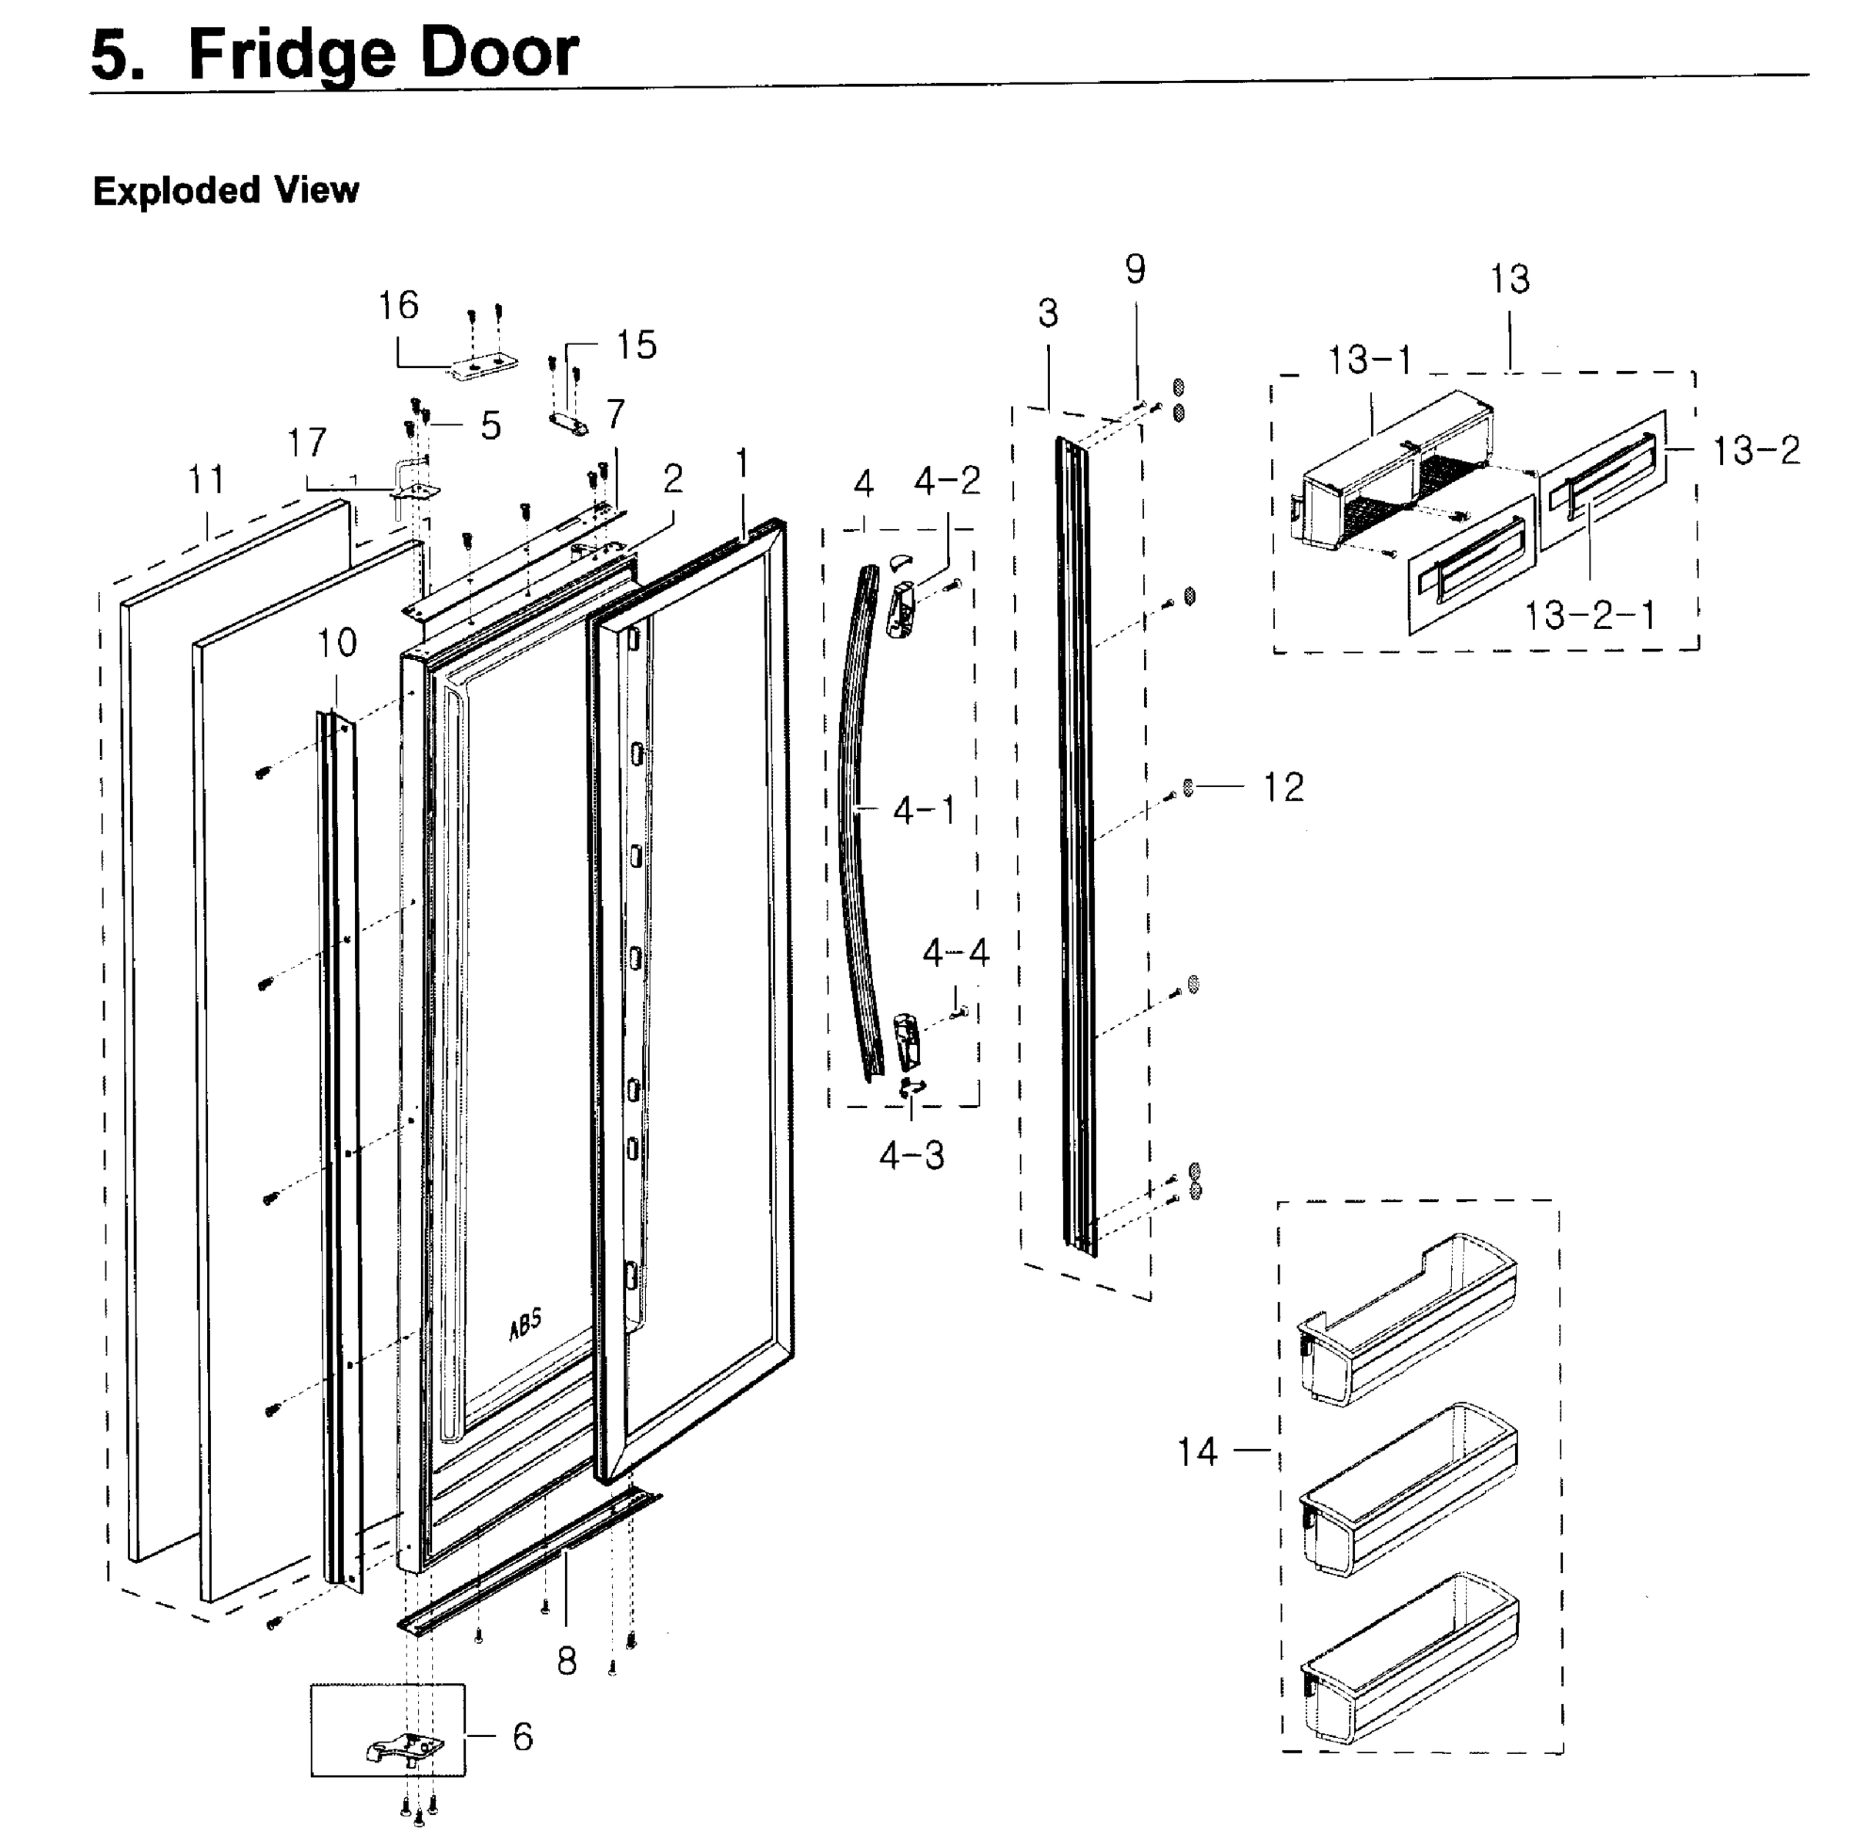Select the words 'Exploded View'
coord(226,191)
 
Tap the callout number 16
coord(398,306)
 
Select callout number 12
coord(1283,787)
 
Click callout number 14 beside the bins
coord(1196,1452)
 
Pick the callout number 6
coord(523,1736)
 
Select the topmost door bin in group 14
coord(1408,1317)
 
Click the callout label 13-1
coord(1370,361)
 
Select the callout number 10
coord(338,643)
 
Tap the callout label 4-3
coord(911,1155)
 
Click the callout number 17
coord(307,444)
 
